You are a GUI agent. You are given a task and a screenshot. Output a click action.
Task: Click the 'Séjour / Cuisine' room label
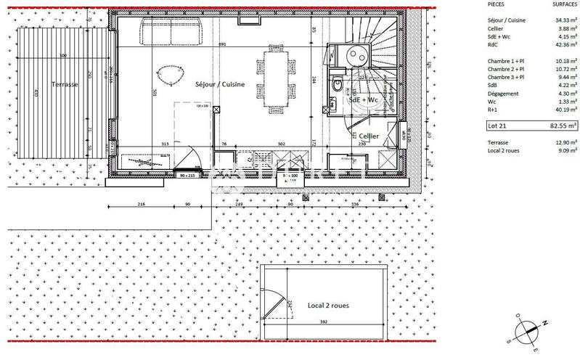(x=220, y=85)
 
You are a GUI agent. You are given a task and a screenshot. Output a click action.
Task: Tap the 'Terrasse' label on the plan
(x=65, y=85)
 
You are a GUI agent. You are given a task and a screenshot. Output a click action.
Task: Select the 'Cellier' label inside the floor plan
(x=369, y=136)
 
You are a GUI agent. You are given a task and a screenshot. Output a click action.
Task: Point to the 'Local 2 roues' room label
(x=328, y=306)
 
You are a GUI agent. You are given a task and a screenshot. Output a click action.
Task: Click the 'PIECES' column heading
(x=497, y=5)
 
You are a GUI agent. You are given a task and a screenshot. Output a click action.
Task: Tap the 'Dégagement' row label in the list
(x=504, y=94)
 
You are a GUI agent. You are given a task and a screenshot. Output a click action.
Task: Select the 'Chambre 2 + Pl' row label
(x=506, y=69)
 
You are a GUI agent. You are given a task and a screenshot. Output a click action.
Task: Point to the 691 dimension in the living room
(x=223, y=44)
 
